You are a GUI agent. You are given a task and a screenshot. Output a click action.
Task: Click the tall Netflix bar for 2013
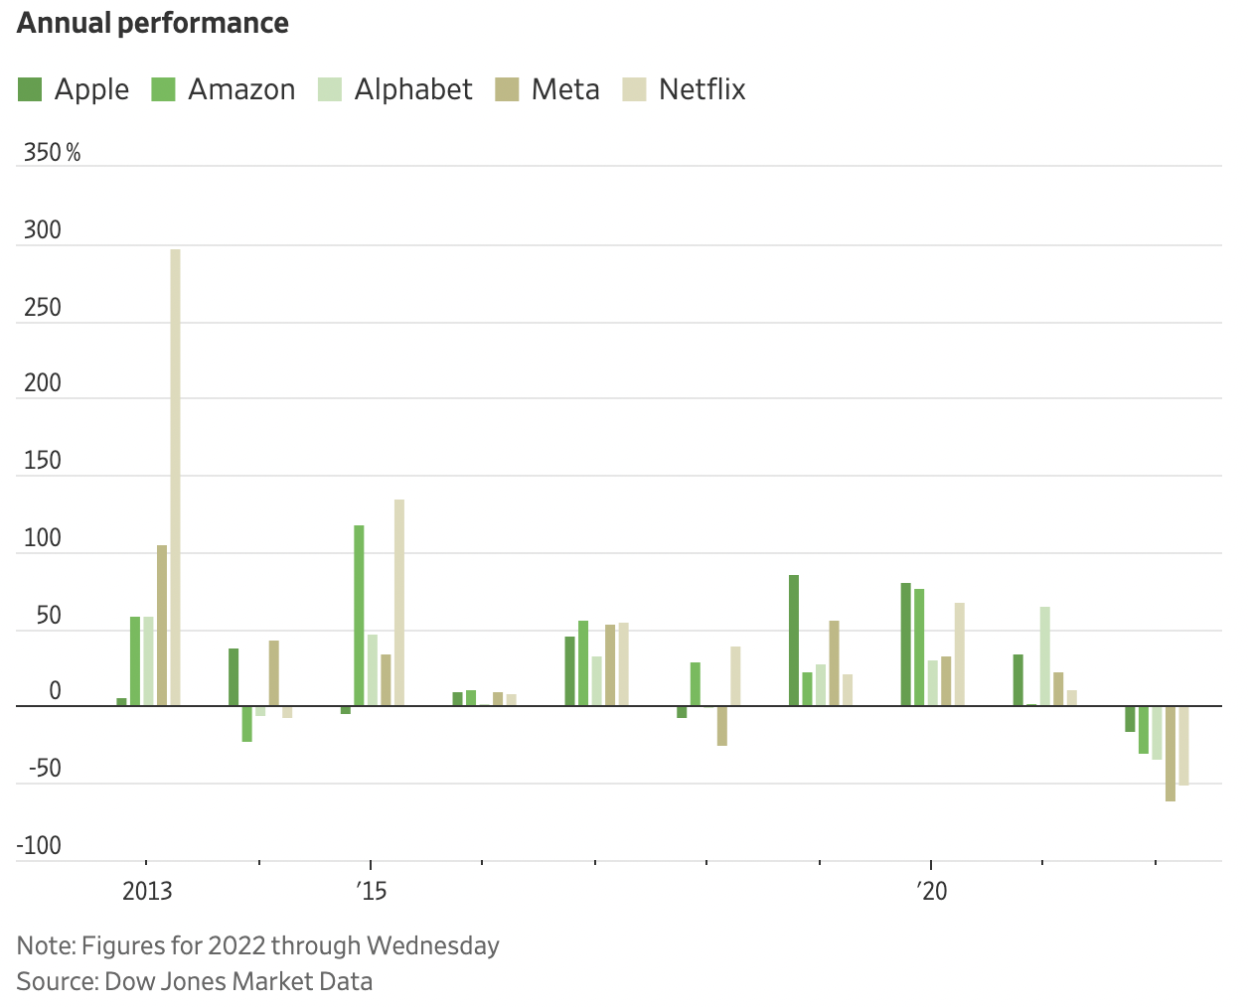[175, 477]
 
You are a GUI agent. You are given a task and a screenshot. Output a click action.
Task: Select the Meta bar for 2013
[162, 626]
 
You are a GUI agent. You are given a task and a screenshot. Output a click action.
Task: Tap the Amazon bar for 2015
[359, 616]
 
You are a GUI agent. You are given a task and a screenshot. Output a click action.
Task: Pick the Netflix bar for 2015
[399, 603]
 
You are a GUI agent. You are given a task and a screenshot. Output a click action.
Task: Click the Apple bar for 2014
[234, 677]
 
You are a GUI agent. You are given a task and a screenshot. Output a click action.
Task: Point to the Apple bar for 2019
[794, 641]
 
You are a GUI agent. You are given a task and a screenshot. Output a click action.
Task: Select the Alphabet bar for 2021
[1045, 656]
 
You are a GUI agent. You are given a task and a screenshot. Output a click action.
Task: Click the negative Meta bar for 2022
[1170, 754]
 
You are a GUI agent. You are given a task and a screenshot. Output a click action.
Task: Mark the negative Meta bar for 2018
[722, 726]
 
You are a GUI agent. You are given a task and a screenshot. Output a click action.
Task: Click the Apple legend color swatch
[30, 89]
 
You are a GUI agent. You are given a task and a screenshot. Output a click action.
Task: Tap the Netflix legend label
[702, 89]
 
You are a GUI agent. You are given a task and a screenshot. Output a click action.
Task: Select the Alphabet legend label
[413, 89]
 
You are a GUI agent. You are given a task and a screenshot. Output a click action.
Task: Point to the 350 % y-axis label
[52, 153]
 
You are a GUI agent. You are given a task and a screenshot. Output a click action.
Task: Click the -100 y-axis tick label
[39, 846]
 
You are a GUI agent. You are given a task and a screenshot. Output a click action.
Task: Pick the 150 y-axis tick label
[43, 461]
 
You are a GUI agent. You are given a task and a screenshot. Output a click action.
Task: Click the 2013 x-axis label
[147, 891]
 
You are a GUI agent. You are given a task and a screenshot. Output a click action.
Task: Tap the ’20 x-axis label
[931, 891]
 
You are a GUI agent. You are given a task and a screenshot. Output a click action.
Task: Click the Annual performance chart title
[153, 23]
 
